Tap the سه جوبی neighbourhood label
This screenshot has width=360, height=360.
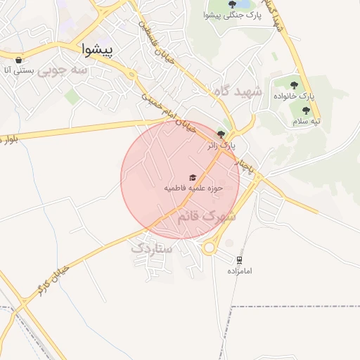(64, 70)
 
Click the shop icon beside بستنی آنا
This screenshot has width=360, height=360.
(18, 60)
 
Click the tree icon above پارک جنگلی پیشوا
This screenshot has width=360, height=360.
(233, 5)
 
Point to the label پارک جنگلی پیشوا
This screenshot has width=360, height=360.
(232, 15)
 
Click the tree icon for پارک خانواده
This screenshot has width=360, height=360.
(305, 85)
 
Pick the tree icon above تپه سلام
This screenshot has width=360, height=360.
(306, 110)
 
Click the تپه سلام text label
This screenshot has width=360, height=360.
(307, 121)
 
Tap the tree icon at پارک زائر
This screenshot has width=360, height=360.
(221, 134)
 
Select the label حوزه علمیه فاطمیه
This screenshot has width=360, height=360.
(193, 188)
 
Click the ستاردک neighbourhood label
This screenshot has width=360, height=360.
(152, 247)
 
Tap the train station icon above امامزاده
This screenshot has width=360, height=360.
(240, 259)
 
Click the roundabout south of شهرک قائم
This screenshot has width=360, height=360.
(209, 247)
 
